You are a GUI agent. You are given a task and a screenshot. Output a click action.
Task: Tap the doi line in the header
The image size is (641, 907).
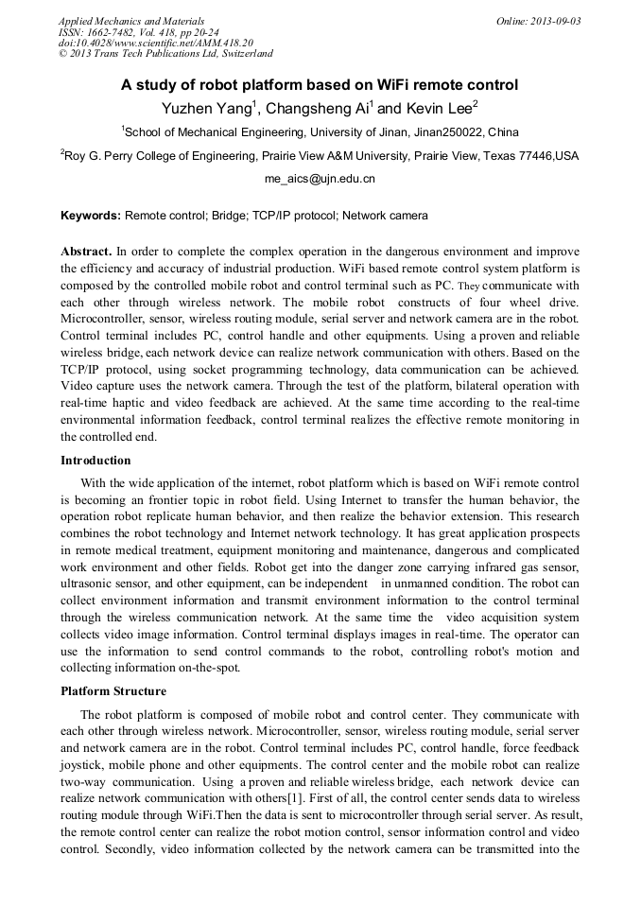[156, 44]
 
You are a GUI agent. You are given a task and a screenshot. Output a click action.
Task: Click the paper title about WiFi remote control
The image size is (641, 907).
[320, 85]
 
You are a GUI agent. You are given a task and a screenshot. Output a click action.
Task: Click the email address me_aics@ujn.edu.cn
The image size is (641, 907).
[320, 179]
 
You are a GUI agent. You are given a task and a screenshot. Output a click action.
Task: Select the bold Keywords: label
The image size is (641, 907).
[91, 216]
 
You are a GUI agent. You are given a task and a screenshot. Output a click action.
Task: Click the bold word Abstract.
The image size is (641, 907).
[86, 252]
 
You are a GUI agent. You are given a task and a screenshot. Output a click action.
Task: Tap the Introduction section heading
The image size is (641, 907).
[95, 461]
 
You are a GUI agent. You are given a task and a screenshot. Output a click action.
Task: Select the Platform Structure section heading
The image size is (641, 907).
[113, 691]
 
